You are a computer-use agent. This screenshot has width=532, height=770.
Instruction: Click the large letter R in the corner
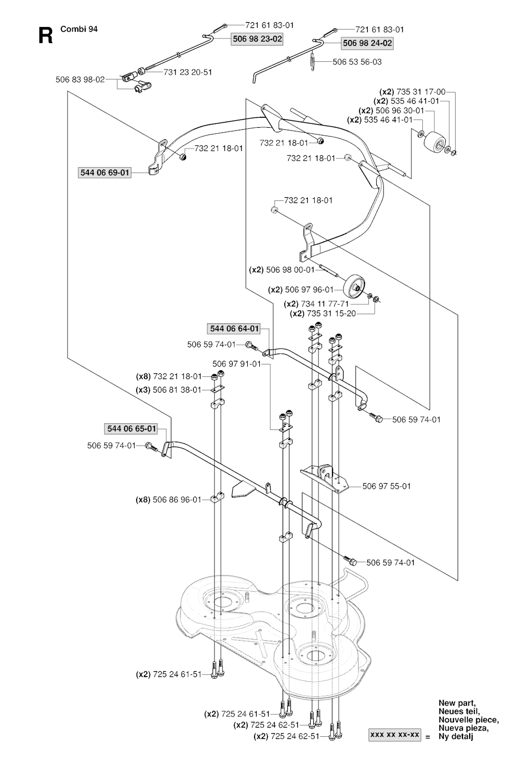pos(46,36)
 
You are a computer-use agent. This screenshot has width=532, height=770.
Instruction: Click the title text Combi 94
pos(79,29)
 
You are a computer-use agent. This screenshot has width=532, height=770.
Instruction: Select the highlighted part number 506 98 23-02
pos(257,38)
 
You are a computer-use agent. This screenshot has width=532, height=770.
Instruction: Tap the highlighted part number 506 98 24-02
pos(367,44)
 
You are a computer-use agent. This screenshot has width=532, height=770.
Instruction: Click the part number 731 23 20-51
pos(188,72)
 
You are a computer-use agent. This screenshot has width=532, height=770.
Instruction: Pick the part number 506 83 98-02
pos(80,79)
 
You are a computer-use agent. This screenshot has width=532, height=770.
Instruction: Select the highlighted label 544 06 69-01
pos(104,172)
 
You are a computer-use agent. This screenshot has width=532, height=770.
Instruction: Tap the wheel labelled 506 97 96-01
pos(354,285)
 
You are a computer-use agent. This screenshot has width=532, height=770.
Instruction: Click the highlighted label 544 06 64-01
pos(234,329)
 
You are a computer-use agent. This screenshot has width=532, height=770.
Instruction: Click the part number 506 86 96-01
pos(176,500)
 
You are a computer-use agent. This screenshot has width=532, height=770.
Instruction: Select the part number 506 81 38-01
pos(176,389)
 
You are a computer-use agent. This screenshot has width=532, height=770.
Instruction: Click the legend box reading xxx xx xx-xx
pos(395,735)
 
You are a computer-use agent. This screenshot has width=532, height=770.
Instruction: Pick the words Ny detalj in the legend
pos(456,737)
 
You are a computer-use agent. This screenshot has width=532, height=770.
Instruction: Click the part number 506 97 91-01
pos(236,364)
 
